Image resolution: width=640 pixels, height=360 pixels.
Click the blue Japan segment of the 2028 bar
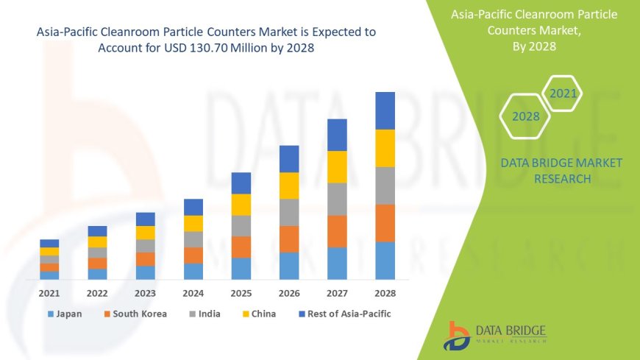coord(385,261)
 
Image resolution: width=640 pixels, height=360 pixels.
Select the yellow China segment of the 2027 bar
coord(337,166)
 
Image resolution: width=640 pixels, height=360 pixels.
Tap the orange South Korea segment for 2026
coord(289,239)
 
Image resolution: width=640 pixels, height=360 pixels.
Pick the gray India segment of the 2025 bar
coord(241,225)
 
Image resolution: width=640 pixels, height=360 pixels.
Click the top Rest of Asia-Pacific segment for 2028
coord(385,110)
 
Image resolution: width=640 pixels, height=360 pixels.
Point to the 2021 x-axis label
coord(49,292)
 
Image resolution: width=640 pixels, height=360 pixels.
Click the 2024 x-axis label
coord(193,292)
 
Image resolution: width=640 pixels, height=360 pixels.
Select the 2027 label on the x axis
coord(337,292)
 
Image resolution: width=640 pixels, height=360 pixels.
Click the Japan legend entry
coord(65,314)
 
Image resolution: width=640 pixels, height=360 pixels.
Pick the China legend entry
coord(258,314)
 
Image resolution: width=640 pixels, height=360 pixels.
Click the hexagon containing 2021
coord(563,93)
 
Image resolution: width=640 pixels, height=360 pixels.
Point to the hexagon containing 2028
coord(525,116)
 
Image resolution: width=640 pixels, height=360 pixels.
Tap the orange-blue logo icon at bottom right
coord(458,335)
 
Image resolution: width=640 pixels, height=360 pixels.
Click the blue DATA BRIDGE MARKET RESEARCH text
coord(561,170)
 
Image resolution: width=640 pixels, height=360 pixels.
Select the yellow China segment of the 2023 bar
coord(146,233)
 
